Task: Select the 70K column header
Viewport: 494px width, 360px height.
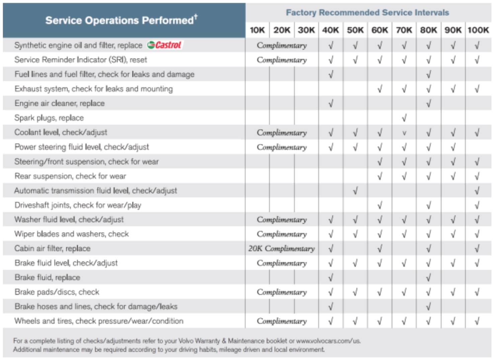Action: [404, 30]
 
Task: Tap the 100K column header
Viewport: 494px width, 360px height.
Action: [478, 30]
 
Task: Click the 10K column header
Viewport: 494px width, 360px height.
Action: [257, 30]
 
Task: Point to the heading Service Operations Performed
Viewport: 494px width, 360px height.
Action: [121, 20]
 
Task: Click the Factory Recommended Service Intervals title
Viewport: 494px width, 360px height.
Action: [367, 13]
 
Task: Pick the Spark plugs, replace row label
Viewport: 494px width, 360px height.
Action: [49, 118]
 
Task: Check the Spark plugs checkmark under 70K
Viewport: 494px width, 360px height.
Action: [404, 118]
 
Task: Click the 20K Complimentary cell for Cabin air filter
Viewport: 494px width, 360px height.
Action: [281, 248]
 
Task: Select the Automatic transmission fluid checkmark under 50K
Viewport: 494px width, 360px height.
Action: [355, 191]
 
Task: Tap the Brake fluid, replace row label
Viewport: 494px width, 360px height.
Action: [47, 277]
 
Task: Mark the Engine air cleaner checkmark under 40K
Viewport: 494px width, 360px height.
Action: [331, 103]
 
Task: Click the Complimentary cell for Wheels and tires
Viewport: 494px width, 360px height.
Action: [281, 321]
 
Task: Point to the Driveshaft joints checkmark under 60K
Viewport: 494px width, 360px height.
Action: [380, 205]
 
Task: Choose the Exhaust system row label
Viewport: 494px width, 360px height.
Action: [93, 89]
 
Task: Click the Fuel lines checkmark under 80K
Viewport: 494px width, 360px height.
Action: [428, 74]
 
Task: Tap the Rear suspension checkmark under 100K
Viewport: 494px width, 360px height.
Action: [477, 176]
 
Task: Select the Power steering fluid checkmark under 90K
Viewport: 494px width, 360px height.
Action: [453, 147]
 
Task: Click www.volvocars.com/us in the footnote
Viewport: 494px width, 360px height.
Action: [328, 341]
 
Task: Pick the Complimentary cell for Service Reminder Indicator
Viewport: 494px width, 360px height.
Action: [281, 60]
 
